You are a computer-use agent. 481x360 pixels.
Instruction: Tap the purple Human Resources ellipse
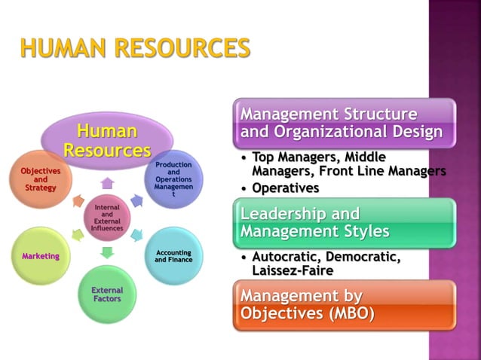coord(107,141)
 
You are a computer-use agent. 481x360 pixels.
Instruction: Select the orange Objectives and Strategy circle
coord(41,179)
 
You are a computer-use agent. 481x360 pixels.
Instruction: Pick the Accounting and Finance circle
coord(173,256)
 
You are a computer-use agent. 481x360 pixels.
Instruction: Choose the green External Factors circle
coord(107,294)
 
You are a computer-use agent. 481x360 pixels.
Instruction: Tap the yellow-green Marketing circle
coord(41,256)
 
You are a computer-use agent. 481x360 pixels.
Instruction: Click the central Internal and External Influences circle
coord(107,218)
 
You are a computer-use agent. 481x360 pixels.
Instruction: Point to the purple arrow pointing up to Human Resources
coord(107,183)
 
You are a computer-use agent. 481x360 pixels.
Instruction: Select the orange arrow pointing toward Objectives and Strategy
coord(78,201)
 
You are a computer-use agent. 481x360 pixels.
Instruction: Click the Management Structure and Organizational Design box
coord(344,123)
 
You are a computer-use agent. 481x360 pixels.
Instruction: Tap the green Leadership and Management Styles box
coord(344,222)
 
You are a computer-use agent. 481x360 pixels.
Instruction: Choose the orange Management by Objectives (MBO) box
coord(344,304)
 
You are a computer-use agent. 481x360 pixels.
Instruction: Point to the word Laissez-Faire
coord(293,271)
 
